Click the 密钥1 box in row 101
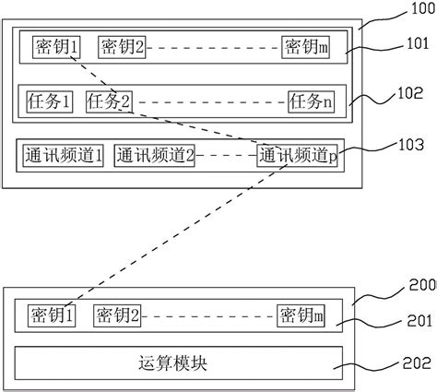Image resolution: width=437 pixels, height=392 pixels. [57, 47]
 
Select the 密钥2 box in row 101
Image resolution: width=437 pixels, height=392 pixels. [122, 47]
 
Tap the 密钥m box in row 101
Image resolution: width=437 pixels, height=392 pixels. [306, 47]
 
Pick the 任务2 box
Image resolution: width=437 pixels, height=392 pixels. [109, 101]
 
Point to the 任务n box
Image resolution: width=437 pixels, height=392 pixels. [312, 101]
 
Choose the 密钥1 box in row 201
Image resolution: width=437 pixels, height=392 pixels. [52, 316]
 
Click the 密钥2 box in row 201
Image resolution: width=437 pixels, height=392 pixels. [117, 316]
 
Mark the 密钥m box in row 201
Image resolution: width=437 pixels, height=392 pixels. [301, 316]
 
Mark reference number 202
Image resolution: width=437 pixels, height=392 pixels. [418, 366]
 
